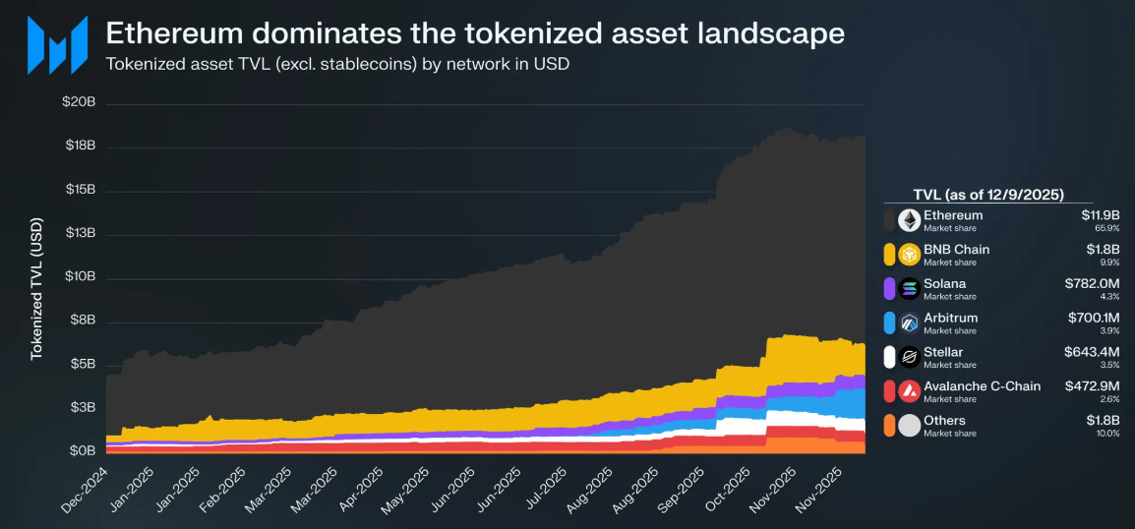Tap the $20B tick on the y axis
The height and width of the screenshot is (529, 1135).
coord(79,103)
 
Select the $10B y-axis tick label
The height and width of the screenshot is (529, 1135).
coord(79,277)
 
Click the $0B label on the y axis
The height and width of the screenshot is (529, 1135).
coord(81,451)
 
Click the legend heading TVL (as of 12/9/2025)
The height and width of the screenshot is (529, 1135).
coord(987,195)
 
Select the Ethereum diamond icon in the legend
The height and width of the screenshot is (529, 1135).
coord(908,220)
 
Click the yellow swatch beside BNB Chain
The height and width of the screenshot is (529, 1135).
coord(889,255)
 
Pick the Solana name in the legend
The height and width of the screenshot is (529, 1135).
coord(944,284)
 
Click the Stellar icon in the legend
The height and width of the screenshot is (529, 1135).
coord(908,357)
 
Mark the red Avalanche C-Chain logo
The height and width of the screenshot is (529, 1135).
coord(908,391)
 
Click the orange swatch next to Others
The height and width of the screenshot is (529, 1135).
coord(889,426)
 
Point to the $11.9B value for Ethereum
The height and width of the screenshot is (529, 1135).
coord(1100,215)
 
